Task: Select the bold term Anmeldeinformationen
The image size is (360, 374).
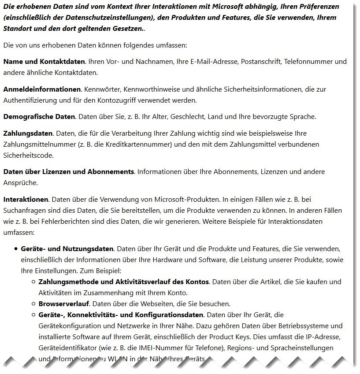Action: (42, 89)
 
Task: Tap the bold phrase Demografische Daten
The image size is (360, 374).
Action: (39, 117)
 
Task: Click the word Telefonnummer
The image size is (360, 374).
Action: (306, 62)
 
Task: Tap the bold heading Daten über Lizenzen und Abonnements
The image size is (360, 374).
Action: (68, 172)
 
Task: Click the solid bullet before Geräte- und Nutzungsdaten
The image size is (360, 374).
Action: (15, 249)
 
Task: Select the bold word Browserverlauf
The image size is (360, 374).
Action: (63, 304)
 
